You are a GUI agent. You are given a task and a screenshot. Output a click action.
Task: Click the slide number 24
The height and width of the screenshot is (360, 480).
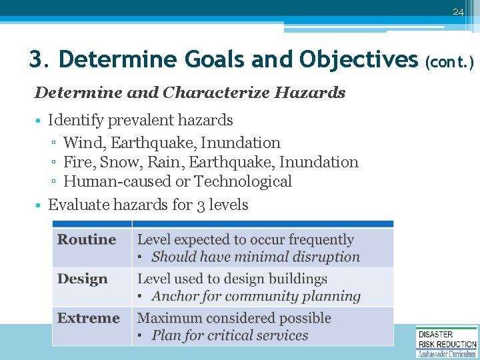[457, 12]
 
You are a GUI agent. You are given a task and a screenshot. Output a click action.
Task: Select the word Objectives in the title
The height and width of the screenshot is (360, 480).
[358, 59]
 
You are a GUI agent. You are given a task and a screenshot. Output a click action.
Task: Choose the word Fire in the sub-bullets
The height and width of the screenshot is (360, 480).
[75, 162]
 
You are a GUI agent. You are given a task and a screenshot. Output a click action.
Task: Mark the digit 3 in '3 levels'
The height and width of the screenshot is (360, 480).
[201, 205]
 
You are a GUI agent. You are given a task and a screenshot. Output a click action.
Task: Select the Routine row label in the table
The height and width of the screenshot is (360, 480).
[87, 239]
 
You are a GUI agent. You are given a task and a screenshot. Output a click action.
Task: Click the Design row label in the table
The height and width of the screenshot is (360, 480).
[83, 279]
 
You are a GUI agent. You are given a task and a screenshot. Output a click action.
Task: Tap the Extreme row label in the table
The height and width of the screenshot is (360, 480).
[88, 318]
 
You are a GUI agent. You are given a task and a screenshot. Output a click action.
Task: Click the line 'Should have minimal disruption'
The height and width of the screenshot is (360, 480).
[255, 257]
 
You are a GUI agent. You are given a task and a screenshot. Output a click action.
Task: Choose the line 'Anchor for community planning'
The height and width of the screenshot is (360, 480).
[256, 297]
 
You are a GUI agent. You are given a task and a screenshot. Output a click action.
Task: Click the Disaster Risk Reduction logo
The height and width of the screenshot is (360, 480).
[447, 342]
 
